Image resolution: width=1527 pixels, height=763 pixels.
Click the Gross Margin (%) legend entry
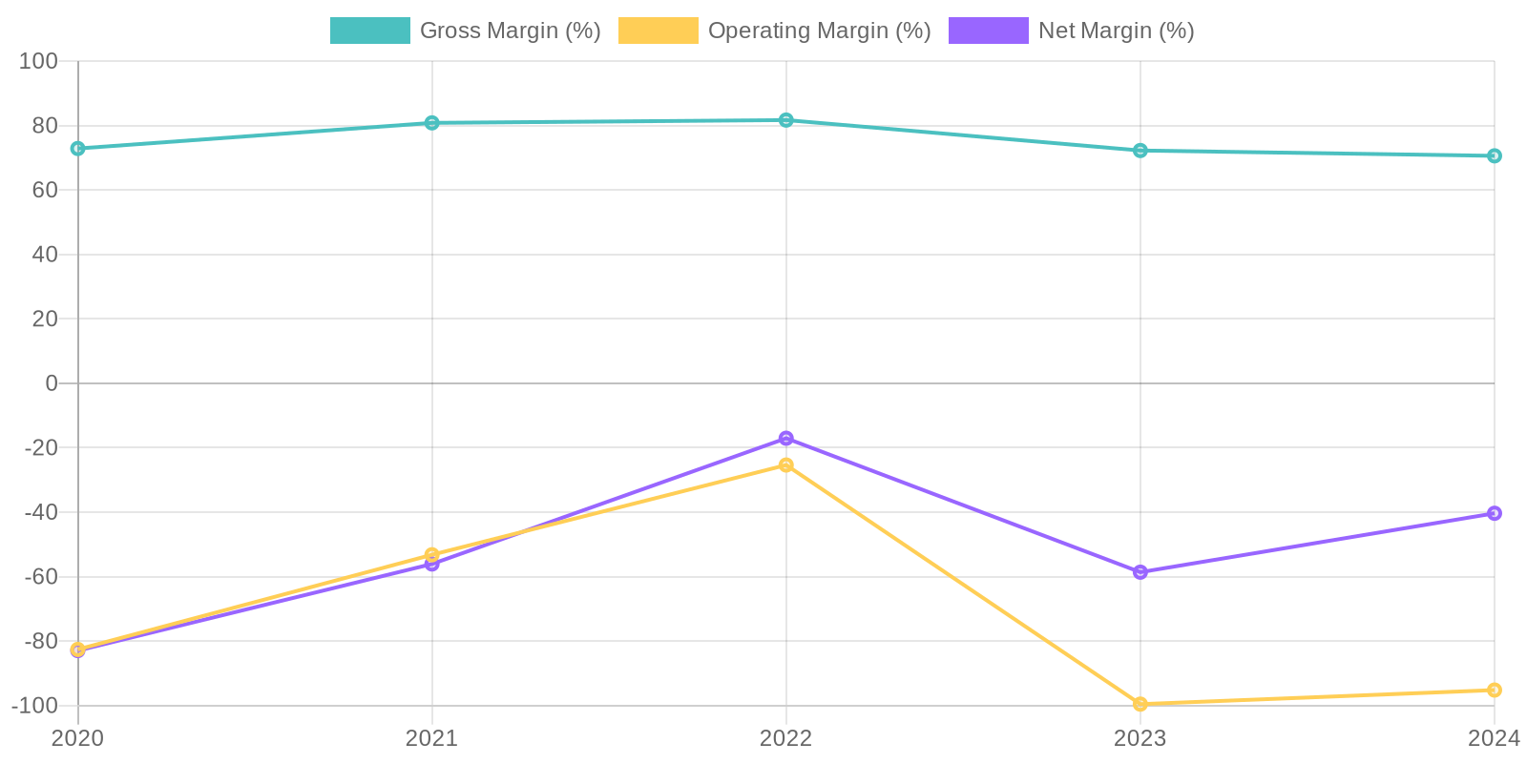(x=465, y=31)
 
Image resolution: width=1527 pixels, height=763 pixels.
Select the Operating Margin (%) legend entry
(x=774, y=31)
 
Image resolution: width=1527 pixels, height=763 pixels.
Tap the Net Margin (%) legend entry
(x=1071, y=31)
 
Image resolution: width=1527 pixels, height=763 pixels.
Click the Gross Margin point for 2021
(x=432, y=123)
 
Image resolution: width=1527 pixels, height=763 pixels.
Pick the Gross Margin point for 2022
(x=786, y=120)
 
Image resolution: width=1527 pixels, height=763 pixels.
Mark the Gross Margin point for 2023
(x=1140, y=151)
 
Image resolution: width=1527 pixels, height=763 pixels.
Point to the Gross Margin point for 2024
(x=1495, y=155)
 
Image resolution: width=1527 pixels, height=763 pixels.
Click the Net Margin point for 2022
(x=786, y=439)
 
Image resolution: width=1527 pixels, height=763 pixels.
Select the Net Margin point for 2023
(x=1140, y=572)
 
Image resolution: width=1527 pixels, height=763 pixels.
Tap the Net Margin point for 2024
(x=1495, y=513)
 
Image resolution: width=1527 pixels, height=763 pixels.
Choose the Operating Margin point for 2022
(x=786, y=465)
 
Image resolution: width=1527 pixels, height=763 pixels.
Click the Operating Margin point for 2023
(x=1140, y=704)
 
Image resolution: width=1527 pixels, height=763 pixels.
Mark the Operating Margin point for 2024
(x=1495, y=691)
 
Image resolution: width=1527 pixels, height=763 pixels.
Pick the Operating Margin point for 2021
(x=432, y=554)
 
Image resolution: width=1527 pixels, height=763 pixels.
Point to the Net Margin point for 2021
(x=432, y=565)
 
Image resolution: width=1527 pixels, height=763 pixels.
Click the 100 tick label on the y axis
(x=39, y=61)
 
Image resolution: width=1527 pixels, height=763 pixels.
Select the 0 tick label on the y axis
(x=52, y=383)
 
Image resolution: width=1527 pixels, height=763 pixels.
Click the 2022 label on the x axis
(x=786, y=738)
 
